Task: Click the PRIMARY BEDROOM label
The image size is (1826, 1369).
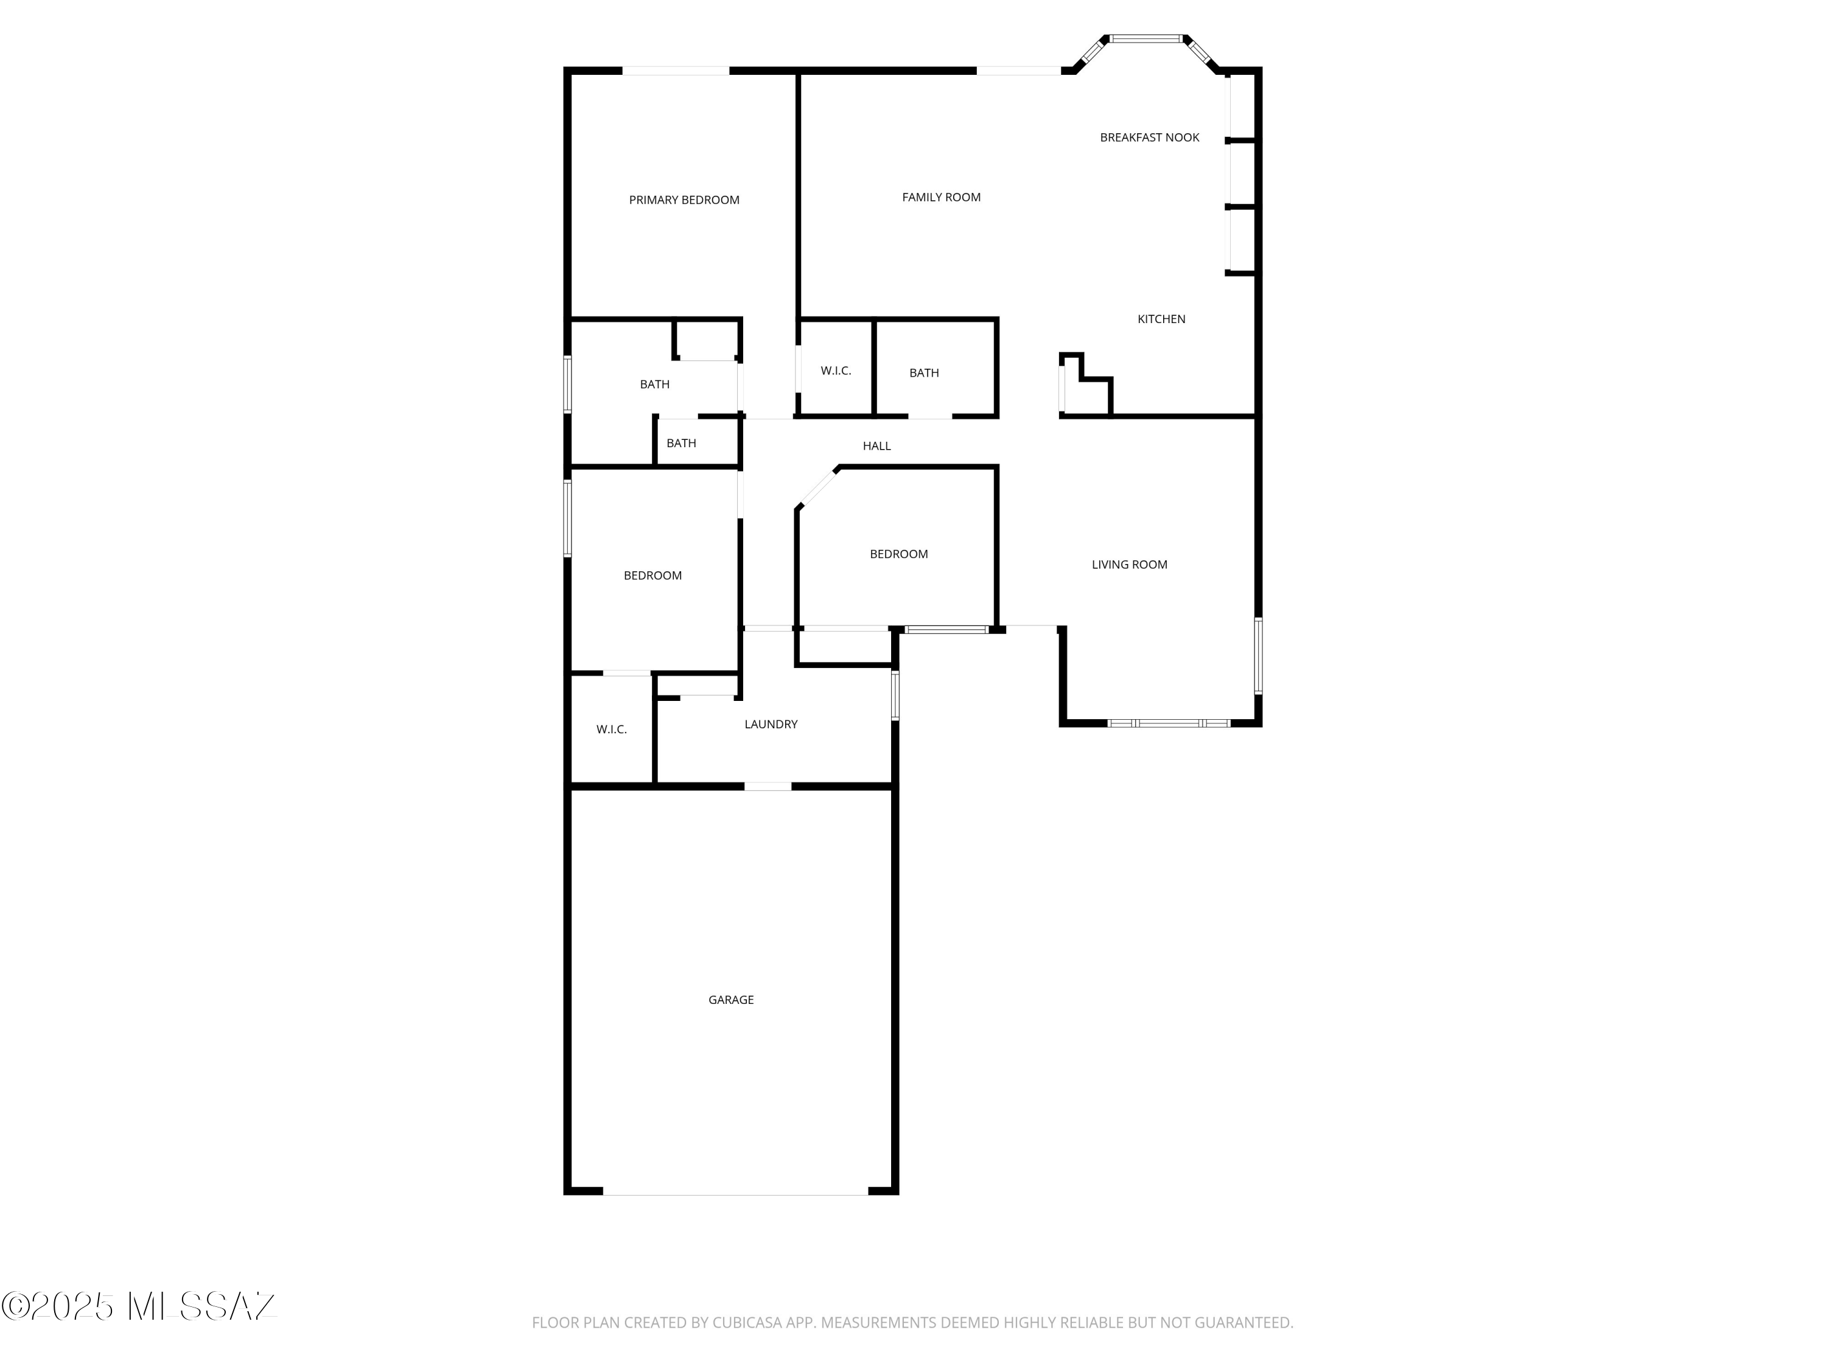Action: coord(684,200)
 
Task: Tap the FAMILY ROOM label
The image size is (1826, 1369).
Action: coord(941,197)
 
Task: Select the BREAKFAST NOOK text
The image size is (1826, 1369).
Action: coord(1149,138)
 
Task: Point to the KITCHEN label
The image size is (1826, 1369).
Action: coord(1161,319)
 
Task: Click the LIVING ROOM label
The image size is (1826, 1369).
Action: coord(1129,565)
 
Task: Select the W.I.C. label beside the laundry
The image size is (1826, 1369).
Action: coord(612,730)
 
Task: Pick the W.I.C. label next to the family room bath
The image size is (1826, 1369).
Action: coord(836,371)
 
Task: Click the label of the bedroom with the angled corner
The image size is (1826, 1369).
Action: coord(898,554)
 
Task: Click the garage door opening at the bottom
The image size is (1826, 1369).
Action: coord(735,1191)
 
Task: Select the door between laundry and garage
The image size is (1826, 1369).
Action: coord(768,786)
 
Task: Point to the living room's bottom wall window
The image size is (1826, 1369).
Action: coord(1168,723)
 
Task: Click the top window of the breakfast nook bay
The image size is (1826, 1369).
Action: coord(1146,38)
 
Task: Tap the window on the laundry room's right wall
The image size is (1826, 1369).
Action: coord(895,695)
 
